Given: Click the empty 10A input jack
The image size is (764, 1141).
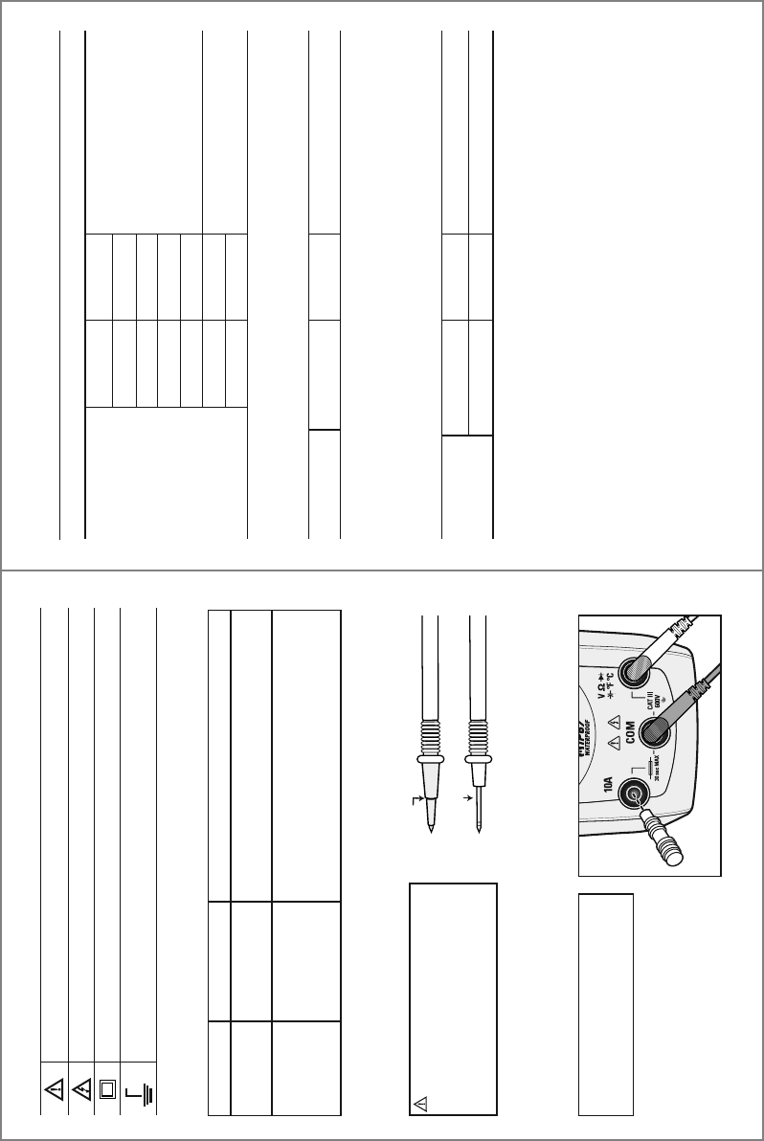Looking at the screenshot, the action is pyautogui.click(x=632, y=793).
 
